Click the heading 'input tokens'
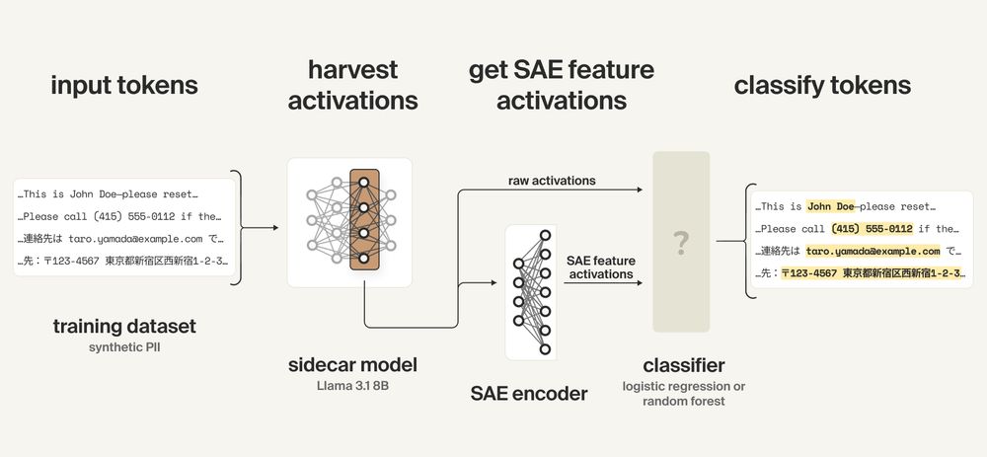(x=124, y=85)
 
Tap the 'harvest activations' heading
(x=352, y=85)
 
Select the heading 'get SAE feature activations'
(x=562, y=85)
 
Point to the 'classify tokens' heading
(x=822, y=85)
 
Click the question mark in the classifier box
(x=681, y=243)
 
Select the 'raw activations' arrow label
(x=552, y=181)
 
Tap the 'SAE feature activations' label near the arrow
(x=601, y=267)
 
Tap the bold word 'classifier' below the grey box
(x=681, y=365)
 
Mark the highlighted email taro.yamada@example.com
(x=873, y=251)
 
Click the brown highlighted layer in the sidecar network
(x=364, y=221)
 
